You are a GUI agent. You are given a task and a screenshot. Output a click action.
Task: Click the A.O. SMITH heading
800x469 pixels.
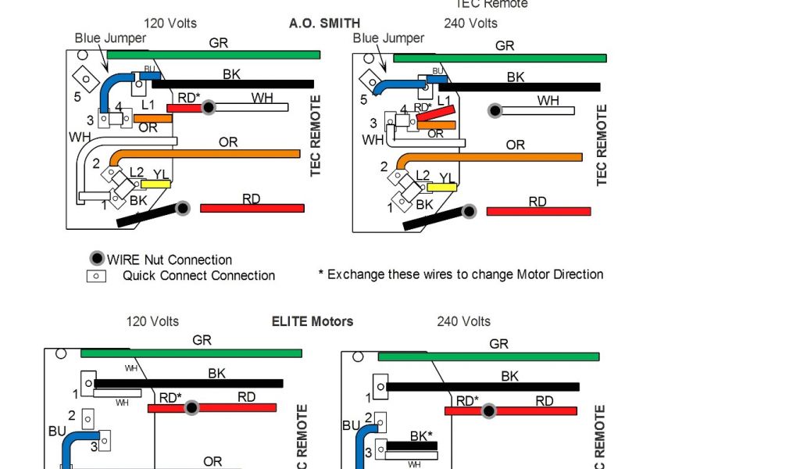click(324, 23)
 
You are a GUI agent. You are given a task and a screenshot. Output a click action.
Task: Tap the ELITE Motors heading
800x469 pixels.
click(312, 321)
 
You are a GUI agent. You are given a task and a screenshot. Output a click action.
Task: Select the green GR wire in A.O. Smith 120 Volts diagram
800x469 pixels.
click(213, 55)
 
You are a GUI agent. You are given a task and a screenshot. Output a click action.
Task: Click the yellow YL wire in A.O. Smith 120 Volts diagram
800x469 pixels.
click(155, 184)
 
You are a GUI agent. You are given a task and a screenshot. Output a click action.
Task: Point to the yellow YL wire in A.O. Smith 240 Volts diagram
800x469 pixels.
click(441, 187)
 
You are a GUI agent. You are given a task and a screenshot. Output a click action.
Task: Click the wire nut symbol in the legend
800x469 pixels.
click(96, 259)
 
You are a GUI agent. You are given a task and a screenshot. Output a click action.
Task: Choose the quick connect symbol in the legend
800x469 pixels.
click(96, 276)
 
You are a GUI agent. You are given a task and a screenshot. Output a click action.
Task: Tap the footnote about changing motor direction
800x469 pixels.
click(461, 274)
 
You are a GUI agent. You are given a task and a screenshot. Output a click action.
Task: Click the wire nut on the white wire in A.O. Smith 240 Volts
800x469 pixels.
click(495, 111)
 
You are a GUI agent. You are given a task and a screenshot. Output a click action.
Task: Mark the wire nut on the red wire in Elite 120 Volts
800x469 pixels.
click(191, 407)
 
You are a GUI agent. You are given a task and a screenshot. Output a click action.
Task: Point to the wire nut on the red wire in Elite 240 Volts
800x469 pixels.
click(489, 410)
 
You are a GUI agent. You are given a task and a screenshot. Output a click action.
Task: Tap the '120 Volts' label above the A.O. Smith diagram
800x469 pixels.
click(170, 23)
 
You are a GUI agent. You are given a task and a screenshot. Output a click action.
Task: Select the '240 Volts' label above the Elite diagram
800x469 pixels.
click(463, 321)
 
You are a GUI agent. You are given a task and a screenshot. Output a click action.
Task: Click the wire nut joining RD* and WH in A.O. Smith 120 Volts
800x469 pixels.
click(208, 108)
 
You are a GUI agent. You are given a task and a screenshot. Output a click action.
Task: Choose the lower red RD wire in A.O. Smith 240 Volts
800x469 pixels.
click(538, 211)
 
